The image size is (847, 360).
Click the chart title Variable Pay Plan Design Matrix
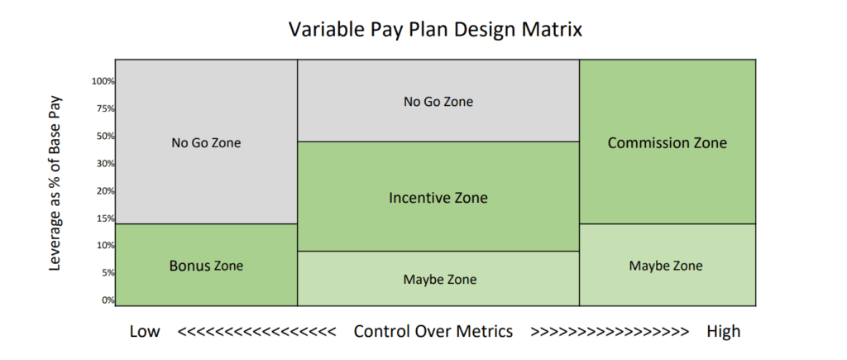[435, 29]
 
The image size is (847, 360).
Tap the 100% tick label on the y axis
[103, 82]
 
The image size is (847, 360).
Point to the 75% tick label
[105, 108]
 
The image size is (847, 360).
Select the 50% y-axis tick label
[105, 137]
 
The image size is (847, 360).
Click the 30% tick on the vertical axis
[105, 163]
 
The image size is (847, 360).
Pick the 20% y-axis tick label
[105, 191]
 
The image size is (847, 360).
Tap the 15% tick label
[105, 218]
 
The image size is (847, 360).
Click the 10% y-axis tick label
[105, 246]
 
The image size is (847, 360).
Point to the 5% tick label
[108, 273]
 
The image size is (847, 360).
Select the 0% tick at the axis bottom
[108, 300]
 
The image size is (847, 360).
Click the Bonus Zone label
[206, 266]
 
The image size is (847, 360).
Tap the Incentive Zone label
[438, 198]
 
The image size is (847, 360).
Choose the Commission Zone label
[668, 142]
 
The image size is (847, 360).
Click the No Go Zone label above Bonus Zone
[206, 143]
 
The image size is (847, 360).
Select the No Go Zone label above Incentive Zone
[438, 102]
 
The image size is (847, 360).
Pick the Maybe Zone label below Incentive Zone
[440, 280]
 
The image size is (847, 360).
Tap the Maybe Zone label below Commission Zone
[666, 266]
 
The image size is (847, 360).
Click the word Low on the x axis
[145, 331]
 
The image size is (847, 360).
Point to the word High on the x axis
[723, 331]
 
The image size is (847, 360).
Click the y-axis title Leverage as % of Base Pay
[55, 184]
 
